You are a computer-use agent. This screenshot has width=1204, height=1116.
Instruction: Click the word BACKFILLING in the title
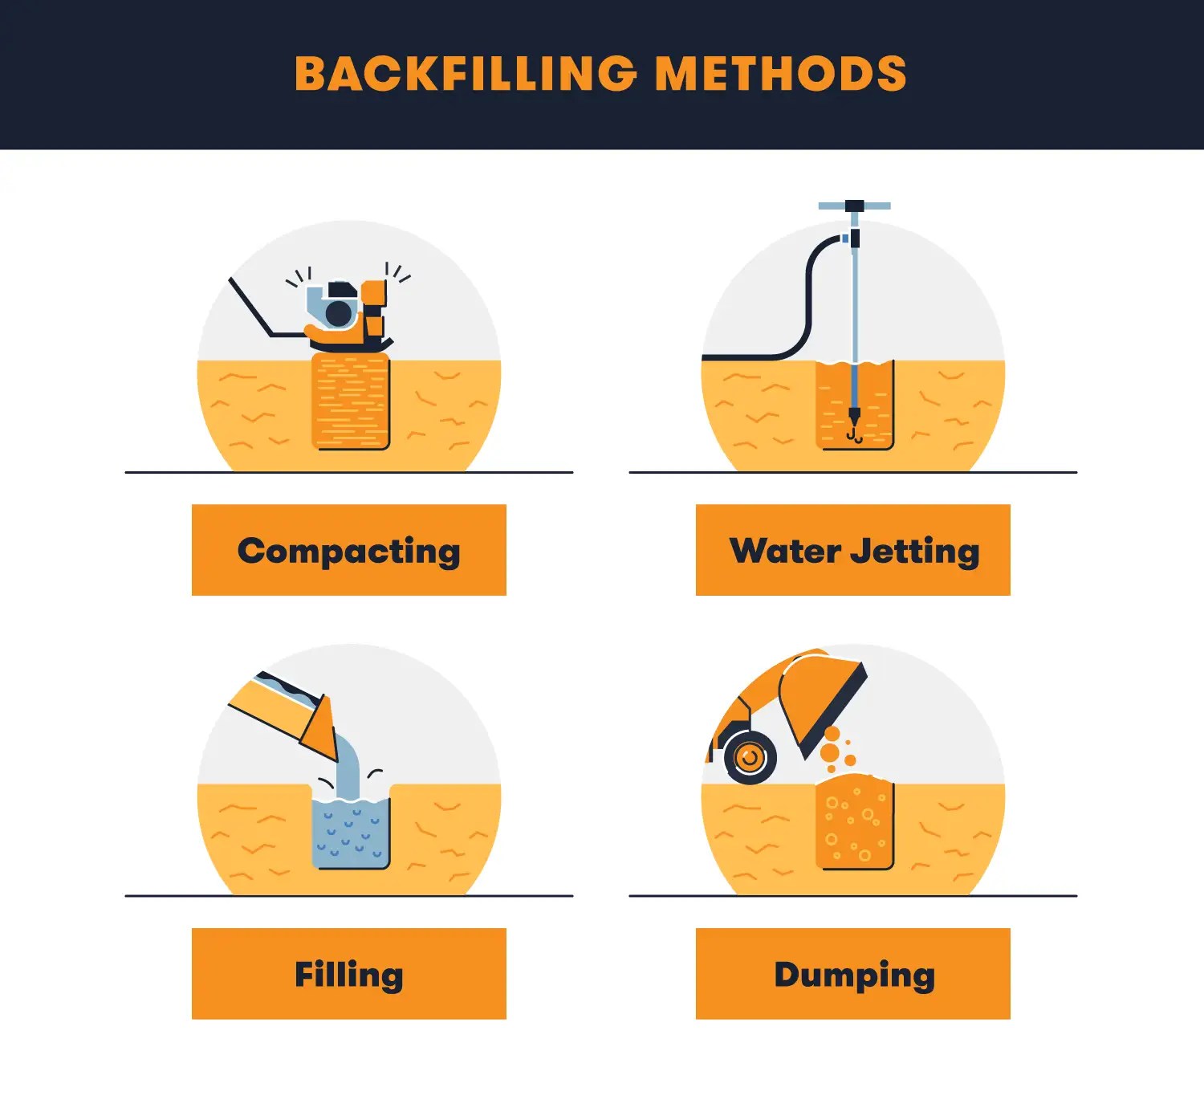coord(466,74)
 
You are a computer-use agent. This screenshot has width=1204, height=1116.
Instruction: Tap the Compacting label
coord(348,551)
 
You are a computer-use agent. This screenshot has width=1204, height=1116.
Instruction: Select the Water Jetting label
coord(853,551)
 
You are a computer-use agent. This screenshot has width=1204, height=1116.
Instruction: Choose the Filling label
coord(348,974)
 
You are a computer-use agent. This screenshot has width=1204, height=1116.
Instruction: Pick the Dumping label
coord(853,974)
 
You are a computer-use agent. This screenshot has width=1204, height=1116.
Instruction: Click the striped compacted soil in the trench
coord(350,401)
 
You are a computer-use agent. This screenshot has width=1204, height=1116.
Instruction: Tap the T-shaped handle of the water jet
coord(854,206)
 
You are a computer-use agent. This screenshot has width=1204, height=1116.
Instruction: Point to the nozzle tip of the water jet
coord(854,417)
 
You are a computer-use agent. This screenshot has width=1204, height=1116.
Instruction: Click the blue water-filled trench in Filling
coord(350,835)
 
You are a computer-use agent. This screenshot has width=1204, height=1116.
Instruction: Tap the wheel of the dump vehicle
coord(750,758)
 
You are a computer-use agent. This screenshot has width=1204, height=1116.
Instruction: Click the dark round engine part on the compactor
coord(339,313)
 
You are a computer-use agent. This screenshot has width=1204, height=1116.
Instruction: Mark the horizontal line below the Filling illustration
coord(349,895)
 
